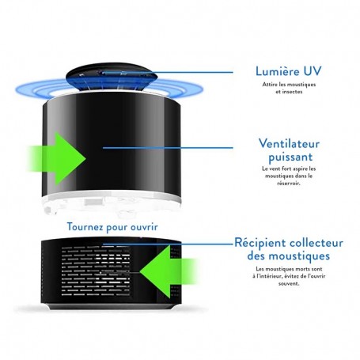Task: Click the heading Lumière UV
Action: (289, 71)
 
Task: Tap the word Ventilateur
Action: (289, 144)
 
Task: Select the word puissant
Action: (290, 157)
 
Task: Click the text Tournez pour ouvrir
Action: (112, 227)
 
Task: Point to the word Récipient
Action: (260, 243)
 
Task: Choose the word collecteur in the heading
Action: (316, 243)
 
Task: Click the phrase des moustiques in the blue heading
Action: (289, 256)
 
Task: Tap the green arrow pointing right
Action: (57, 158)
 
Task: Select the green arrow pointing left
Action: (169, 271)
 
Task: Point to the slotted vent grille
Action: (96, 271)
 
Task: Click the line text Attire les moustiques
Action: (289, 85)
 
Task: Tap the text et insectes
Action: (289, 92)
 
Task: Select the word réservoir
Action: (289, 183)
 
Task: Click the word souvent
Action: (289, 284)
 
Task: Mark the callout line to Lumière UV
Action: (168, 72)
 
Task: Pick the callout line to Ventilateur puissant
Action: (168, 148)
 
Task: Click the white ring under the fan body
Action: (112, 198)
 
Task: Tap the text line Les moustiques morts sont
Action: (289, 269)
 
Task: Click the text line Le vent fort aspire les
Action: (289, 169)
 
